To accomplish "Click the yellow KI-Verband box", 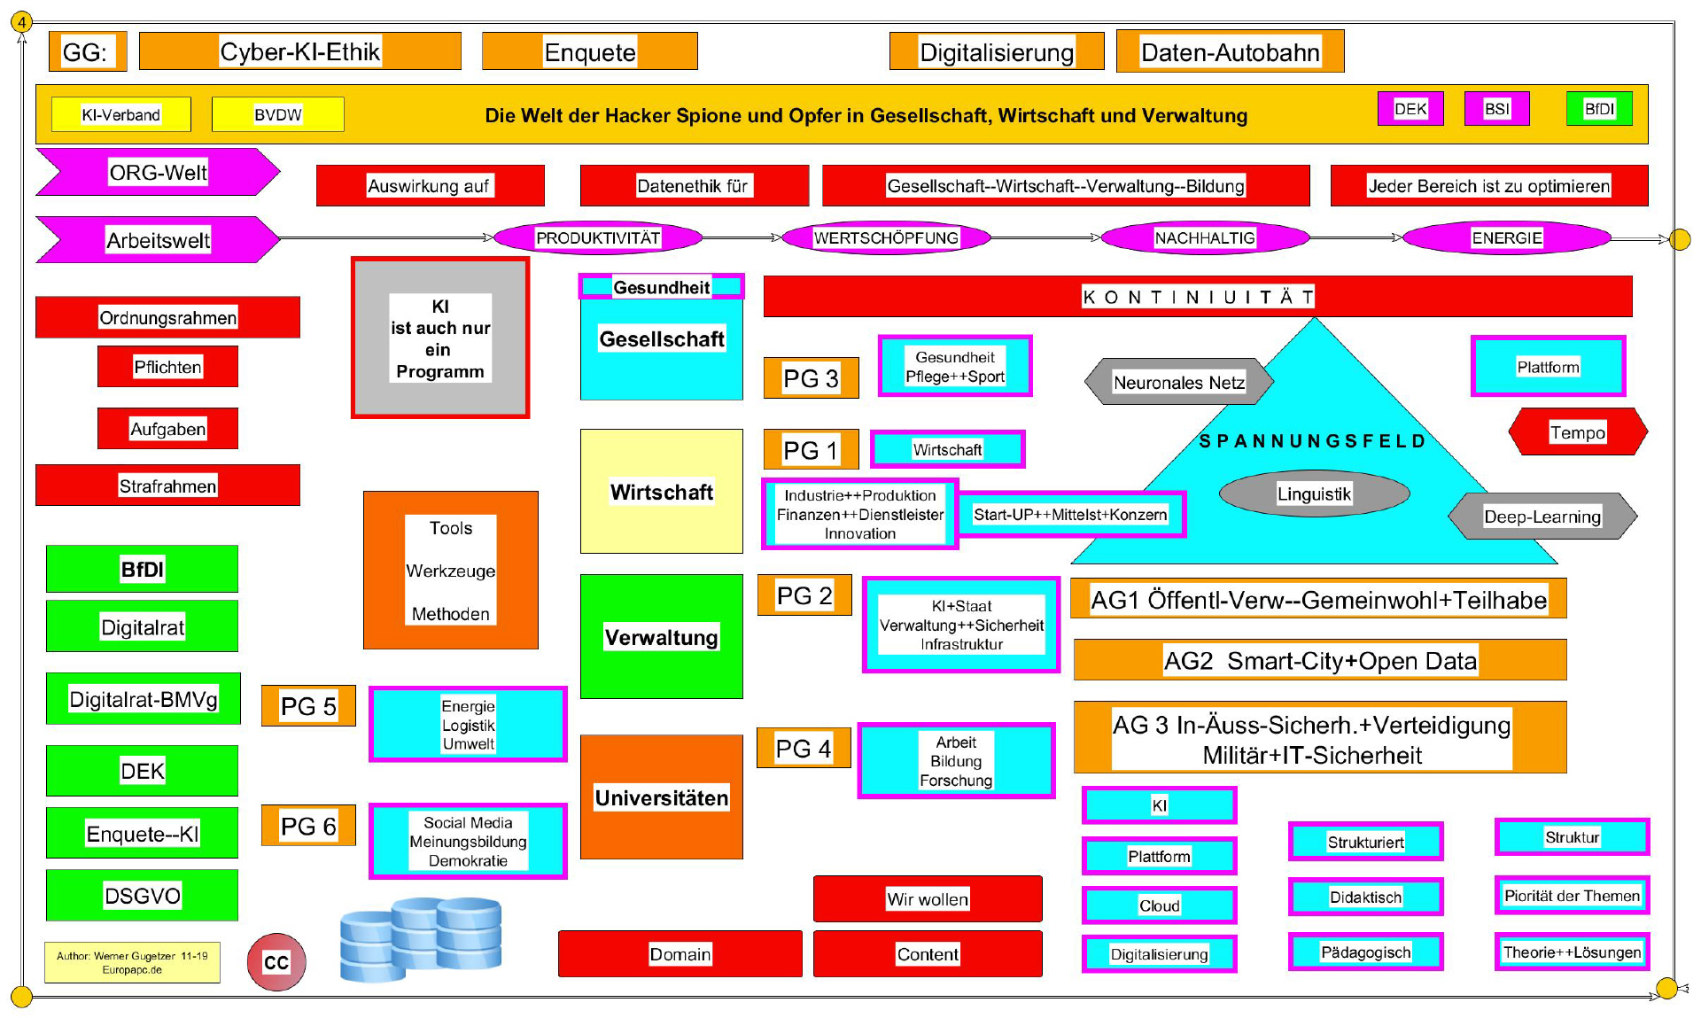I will [x=120, y=114].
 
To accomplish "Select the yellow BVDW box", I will [x=277, y=114].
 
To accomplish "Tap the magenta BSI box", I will [x=1496, y=109].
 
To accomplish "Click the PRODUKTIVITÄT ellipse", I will [x=597, y=237].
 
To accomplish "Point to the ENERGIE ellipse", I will [x=1506, y=237].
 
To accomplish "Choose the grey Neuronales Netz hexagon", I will [x=1178, y=382].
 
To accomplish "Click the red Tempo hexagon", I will [x=1577, y=432].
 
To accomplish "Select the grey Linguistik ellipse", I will [x=1314, y=493].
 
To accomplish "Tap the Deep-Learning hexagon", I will [x=1542, y=517].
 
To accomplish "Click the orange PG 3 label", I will [x=811, y=378].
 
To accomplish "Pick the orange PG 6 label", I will [x=308, y=826].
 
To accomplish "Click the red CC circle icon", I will [x=276, y=962].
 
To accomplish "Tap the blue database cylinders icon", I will [x=421, y=939].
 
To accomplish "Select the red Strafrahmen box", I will [x=167, y=486].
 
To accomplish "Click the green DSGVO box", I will [x=142, y=895].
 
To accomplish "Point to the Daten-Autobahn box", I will [x=1230, y=52].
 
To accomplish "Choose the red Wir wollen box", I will [x=928, y=899].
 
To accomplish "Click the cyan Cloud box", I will [x=1159, y=905].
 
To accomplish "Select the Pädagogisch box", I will [x=1365, y=952].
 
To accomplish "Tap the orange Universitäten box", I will [x=661, y=797].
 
